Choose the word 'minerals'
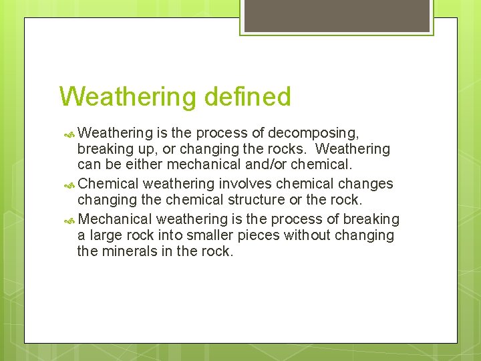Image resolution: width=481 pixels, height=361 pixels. click(128, 252)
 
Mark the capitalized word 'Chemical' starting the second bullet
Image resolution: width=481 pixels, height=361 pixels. click(108, 184)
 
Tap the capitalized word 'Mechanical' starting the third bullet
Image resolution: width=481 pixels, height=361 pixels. click(116, 219)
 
